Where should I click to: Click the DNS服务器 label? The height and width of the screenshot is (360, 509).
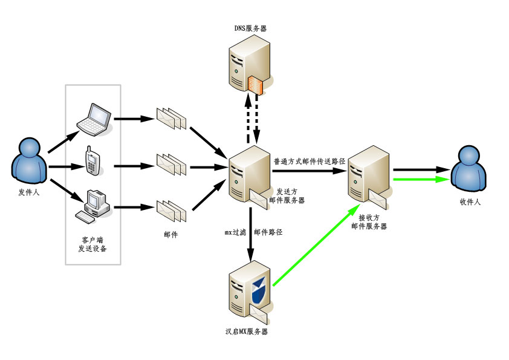(250, 28)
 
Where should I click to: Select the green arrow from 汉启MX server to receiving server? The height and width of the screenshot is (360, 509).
(313, 245)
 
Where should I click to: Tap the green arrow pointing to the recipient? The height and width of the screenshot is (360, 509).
(421, 180)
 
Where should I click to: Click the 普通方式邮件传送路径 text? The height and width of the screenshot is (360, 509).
(309, 162)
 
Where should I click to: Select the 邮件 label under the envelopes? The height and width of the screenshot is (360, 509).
(170, 234)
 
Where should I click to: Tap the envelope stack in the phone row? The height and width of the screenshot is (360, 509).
(171, 164)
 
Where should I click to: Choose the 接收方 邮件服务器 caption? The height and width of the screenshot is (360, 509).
(369, 221)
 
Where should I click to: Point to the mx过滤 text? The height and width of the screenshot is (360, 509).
(235, 232)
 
